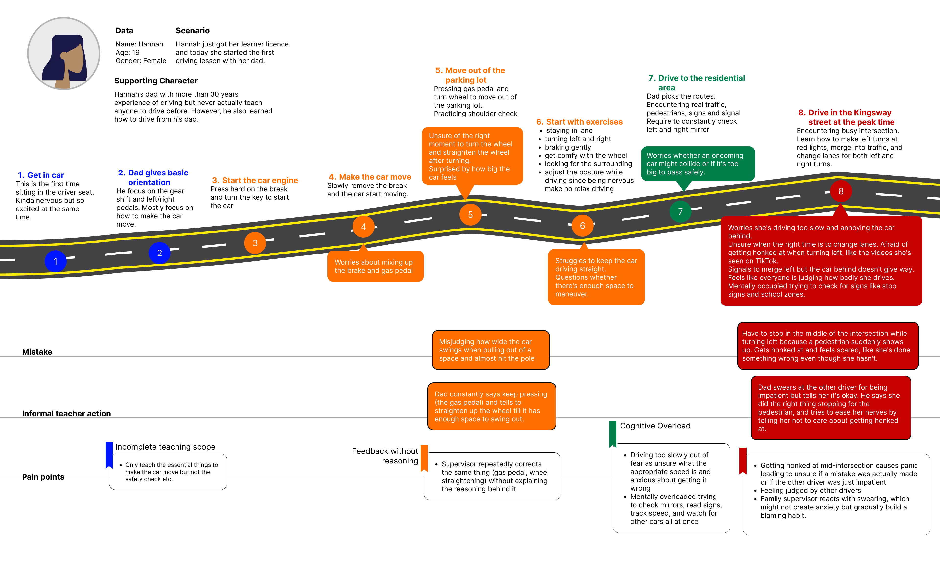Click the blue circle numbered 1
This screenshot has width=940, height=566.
click(55, 261)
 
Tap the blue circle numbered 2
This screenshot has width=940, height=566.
click(159, 253)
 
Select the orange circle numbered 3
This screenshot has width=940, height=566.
click(255, 243)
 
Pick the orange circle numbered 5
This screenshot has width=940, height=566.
click(470, 215)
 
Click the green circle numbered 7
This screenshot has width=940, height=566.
click(680, 212)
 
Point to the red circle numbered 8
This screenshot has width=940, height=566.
click(841, 191)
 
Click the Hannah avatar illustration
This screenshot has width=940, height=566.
click(64, 53)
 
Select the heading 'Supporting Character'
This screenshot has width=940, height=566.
click(156, 81)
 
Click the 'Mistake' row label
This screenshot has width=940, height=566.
click(37, 352)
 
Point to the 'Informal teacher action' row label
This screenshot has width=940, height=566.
click(66, 414)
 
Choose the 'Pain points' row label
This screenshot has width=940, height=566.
click(43, 477)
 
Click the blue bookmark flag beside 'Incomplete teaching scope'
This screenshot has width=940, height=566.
click(109, 455)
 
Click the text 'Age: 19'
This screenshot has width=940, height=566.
click(128, 53)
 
